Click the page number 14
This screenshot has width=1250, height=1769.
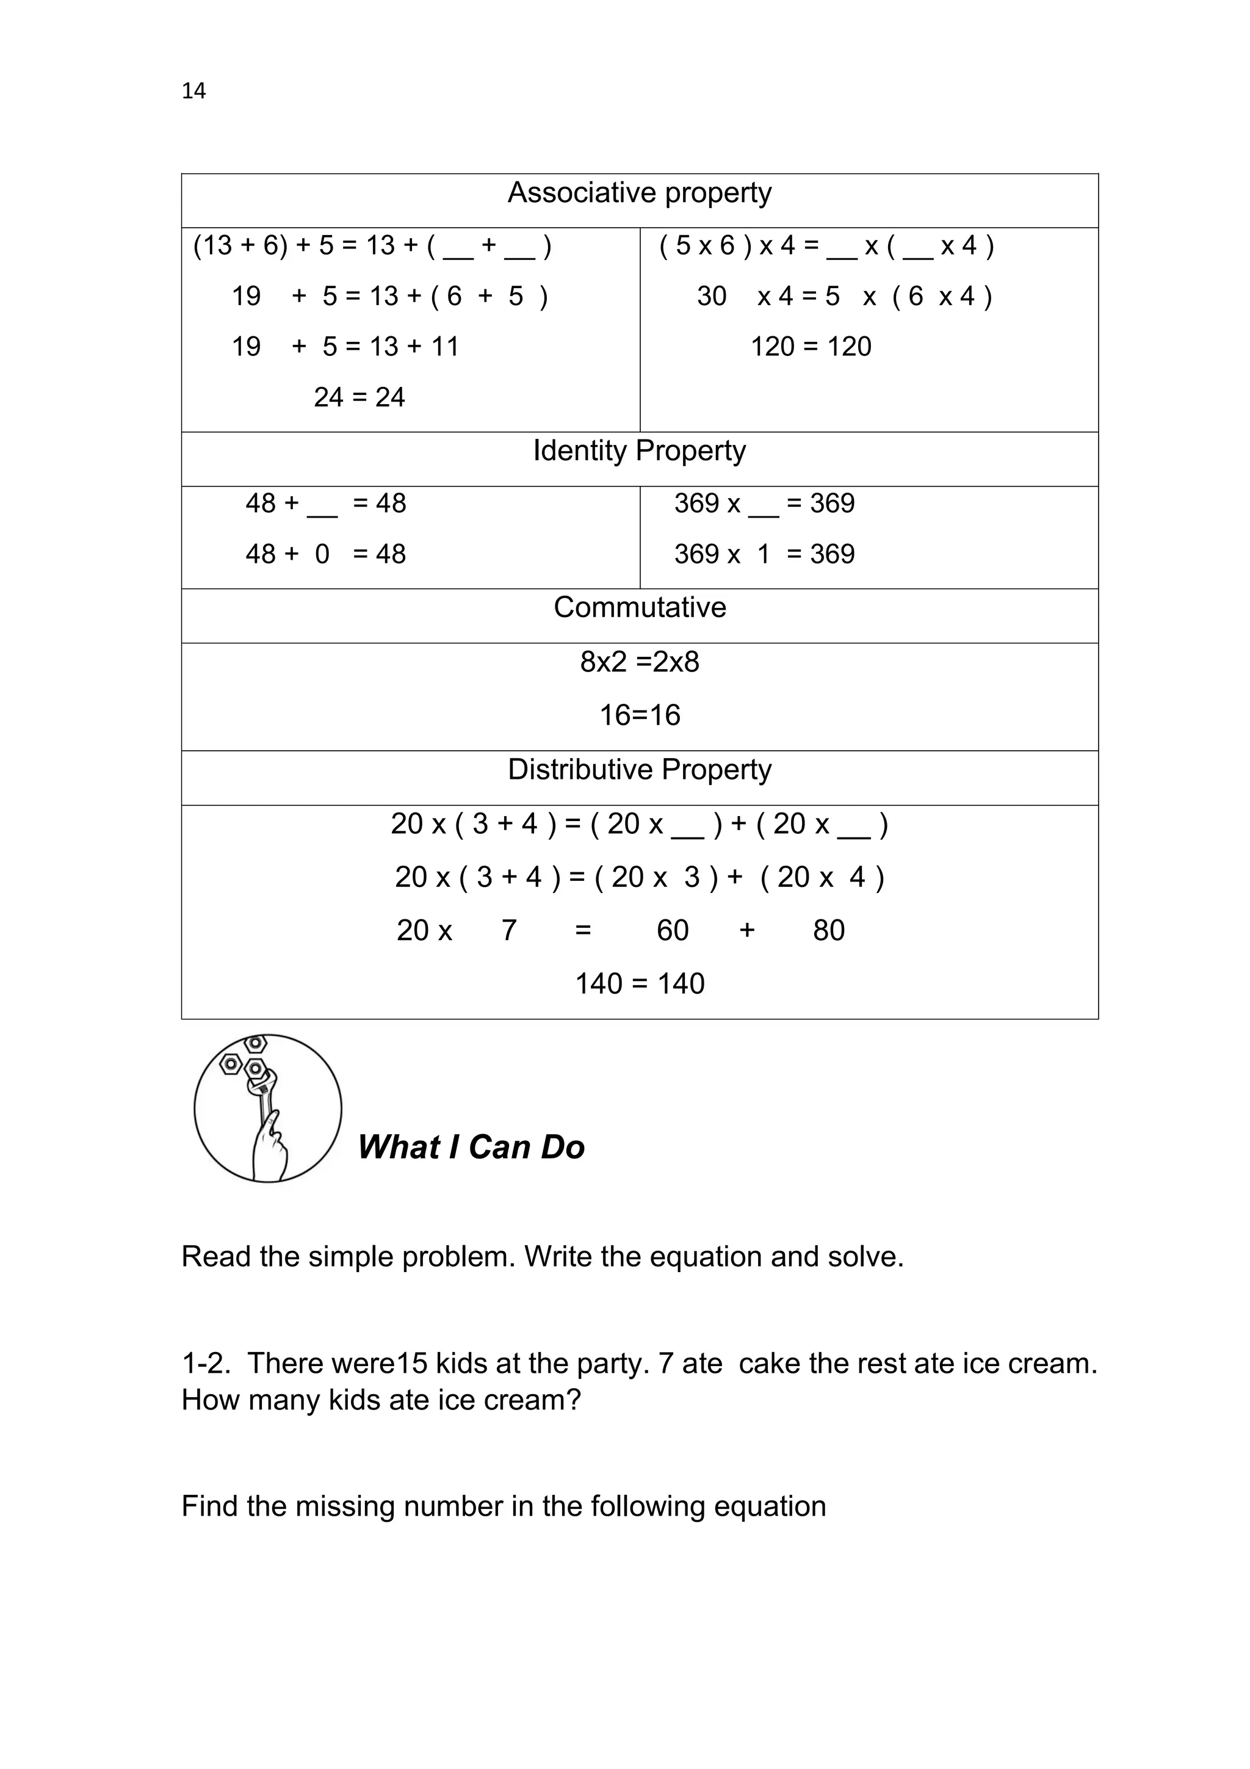click(193, 91)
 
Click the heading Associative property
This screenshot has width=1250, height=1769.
click(638, 193)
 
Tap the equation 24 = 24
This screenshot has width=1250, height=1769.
click(359, 397)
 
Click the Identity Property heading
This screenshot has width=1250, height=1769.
click(638, 450)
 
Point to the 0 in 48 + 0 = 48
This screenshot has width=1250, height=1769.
click(322, 554)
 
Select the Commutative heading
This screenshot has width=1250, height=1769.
click(639, 607)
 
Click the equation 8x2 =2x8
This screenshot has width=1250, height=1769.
click(639, 662)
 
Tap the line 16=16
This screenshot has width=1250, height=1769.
click(639, 715)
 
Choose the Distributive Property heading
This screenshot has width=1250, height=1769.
click(638, 769)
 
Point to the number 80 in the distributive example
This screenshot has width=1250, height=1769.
click(828, 931)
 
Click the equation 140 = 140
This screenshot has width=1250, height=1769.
click(639, 984)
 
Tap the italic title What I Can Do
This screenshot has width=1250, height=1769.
click(471, 1147)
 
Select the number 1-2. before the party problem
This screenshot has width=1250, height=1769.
click(205, 1364)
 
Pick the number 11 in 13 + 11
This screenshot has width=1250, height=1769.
click(444, 347)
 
